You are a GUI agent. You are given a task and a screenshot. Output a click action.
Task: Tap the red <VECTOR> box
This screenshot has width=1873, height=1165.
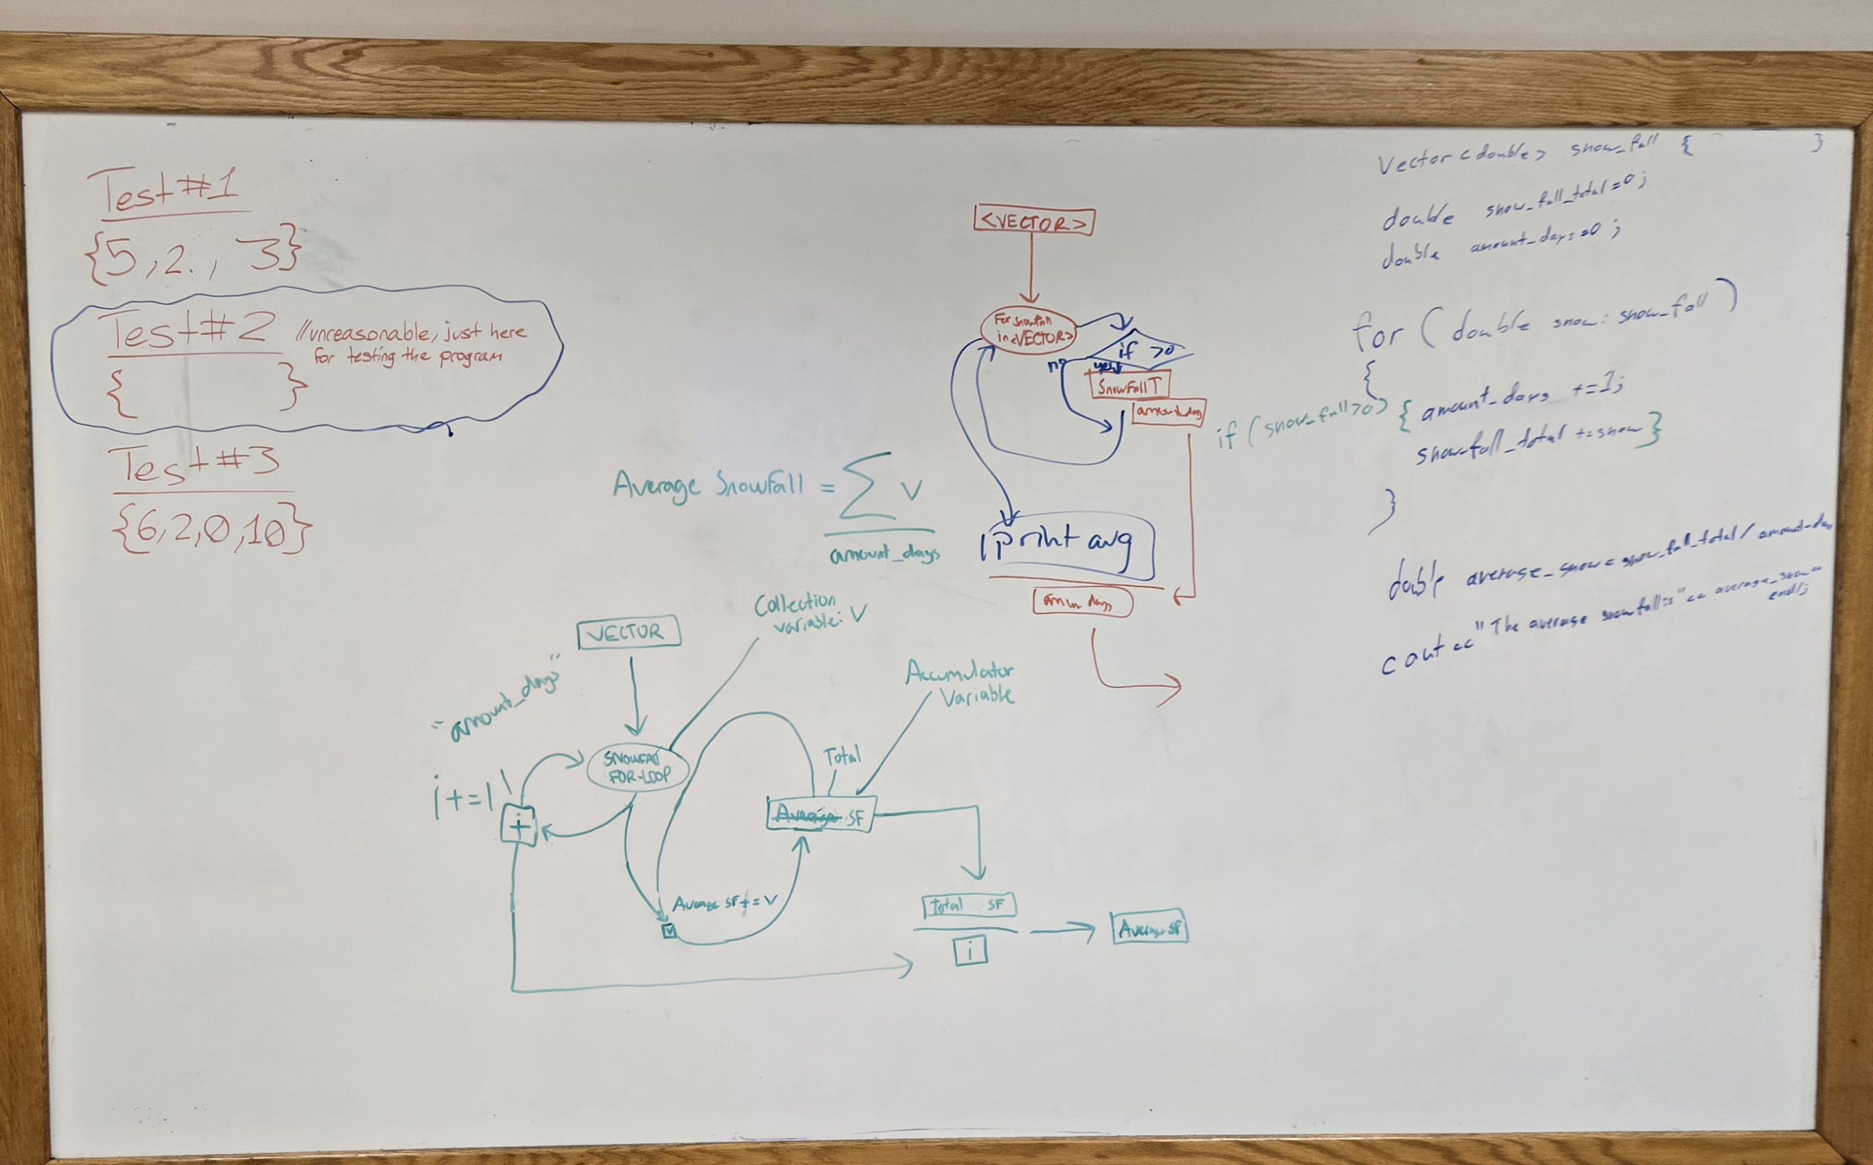coord(1034,222)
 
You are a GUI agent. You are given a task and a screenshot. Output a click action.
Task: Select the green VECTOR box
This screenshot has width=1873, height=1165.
coord(629,632)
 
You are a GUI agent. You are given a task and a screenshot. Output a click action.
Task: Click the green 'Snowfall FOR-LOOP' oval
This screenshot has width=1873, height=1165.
coord(637,767)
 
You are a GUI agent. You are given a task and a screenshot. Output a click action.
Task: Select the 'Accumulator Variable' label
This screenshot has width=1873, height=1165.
coord(963,683)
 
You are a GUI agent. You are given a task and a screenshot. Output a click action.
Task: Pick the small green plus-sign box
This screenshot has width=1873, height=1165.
coord(519,825)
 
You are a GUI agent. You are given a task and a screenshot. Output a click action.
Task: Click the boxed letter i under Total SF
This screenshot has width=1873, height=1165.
coord(970,951)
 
